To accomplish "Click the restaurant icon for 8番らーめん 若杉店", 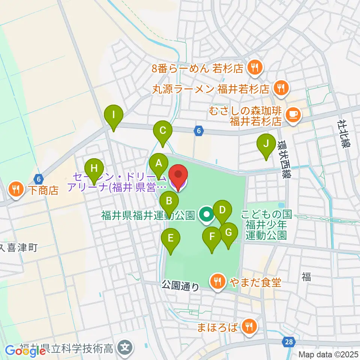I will pyautogui.click(x=255, y=68).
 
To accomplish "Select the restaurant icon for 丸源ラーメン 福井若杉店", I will pyautogui.click(x=280, y=88).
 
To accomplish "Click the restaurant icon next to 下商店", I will pyautogui.click(x=16, y=189).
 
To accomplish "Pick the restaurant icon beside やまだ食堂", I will pyautogui.click(x=217, y=281).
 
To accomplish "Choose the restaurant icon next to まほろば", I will pyautogui.click(x=248, y=327).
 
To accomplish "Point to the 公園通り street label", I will pyautogui.click(x=180, y=286).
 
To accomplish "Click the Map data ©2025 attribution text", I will pyautogui.click(x=328, y=354).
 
